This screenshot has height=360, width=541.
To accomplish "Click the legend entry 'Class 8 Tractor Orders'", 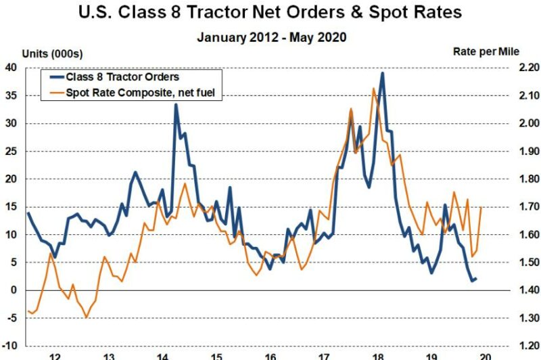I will click(x=122, y=77).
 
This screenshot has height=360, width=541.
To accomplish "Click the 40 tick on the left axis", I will click(x=11, y=67).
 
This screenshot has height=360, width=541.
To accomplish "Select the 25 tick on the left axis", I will click(x=11, y=151).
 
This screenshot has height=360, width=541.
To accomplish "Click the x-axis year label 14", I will click(x=162, y=355).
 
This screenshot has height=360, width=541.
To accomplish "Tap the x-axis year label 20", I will click(x=484, y=355).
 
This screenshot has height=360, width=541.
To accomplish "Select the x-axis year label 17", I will click(x=323, y=355).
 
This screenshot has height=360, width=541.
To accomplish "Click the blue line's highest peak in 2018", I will click(x=383, y=73).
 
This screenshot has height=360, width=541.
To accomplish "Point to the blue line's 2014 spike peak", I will click(x=176, y=104).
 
